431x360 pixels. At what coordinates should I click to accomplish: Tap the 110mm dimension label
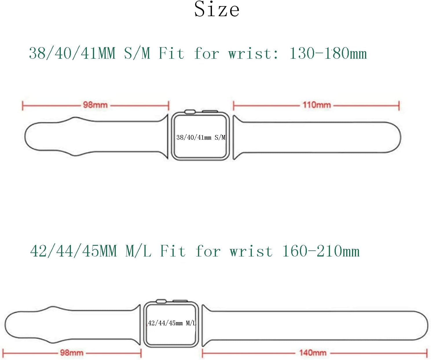click(317, 105)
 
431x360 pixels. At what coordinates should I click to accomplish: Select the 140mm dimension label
click(313, 353)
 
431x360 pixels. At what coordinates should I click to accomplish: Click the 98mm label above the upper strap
click(95, 105)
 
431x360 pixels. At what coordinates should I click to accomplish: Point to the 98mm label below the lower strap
click(72, 353)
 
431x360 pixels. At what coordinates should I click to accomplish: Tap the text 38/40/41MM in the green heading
click(72, 53)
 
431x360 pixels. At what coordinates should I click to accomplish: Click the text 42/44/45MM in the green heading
click(74, 251)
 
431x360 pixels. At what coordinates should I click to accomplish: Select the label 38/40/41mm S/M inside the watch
click(201, 138)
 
